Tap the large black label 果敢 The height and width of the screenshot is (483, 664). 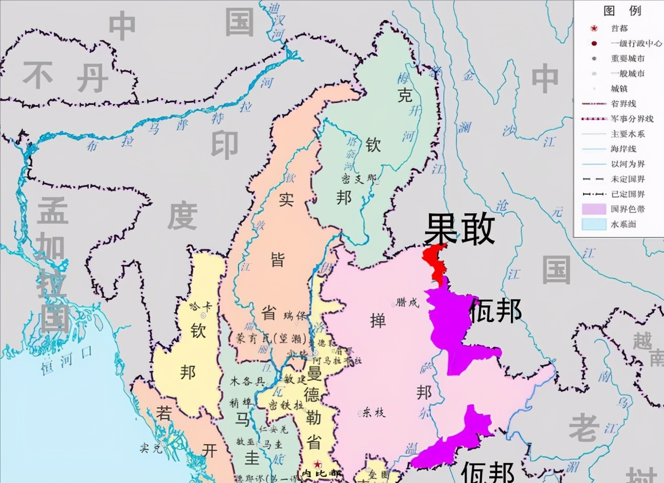click(459, 229)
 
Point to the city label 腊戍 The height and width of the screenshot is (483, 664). click(407, 302)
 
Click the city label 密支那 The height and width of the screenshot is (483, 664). click(359, 179)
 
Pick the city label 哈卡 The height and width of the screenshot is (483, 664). click(200, 306)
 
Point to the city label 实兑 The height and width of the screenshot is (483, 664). click(151, 448)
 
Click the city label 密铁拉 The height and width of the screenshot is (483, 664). click(285, 405)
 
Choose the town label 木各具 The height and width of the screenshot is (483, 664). click(247, 381)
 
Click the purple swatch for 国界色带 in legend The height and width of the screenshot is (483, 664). click(593, 209)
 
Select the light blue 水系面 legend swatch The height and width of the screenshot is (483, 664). click(593, 224)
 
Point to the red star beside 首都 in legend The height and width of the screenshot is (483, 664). click(594, 29)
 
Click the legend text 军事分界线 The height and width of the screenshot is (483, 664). click(632, 119)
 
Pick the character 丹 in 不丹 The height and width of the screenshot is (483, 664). click(92, 77)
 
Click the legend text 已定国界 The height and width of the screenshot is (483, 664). click(628, 194)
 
